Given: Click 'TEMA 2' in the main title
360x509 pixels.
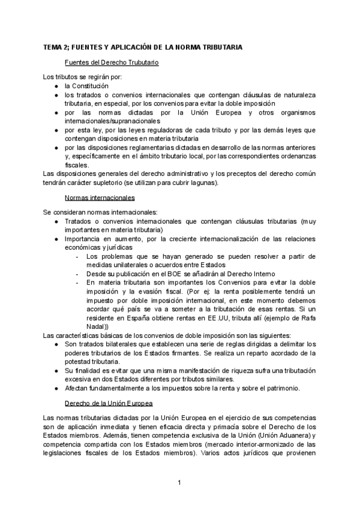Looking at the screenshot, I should [x=57, y=47].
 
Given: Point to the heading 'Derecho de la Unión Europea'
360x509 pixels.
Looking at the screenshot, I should [x=108, y=402].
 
